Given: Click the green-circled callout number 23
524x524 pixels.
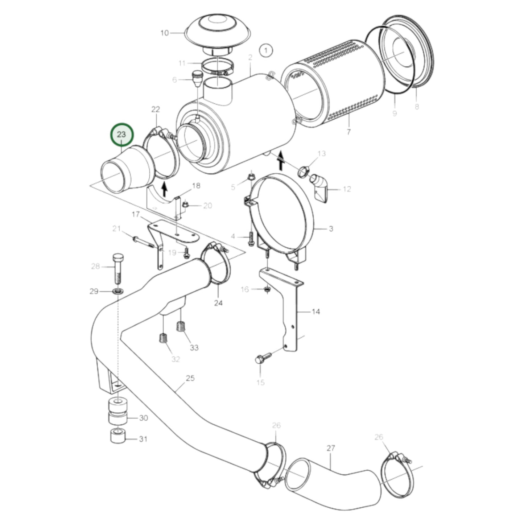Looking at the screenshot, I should (122, 135).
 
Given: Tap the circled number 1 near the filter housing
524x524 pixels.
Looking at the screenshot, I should (266, 51).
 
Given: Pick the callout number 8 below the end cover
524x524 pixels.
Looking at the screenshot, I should (417, 107).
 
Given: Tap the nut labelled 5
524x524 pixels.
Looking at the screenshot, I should (251, 177).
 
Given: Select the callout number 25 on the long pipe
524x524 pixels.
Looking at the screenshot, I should (190, 378).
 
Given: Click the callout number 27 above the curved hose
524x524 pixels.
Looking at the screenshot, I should (330, 448).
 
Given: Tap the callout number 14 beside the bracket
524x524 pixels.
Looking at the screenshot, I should (316, 311).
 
